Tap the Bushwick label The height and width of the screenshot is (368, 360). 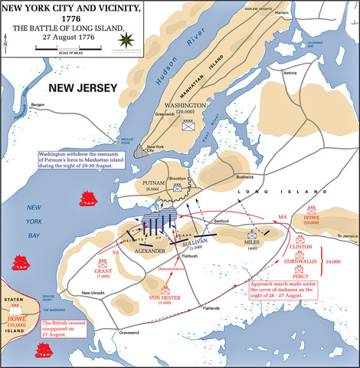pos(244,177)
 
